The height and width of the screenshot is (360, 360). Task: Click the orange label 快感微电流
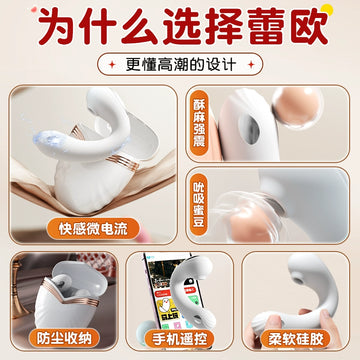pyautogui.click(x=93, y=229)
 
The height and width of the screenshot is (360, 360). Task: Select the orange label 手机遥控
pyautogui.click(x=179, y=339)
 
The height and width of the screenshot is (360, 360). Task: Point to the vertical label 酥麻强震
pyautogui.click(x=199, y=123)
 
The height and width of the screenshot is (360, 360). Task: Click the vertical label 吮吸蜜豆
pyautogui.click(x=199, y=204)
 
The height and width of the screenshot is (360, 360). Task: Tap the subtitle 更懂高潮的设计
pyautogui.click(x=181, y=64)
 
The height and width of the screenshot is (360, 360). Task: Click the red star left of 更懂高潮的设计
pyautogui.click(x=112, y=64)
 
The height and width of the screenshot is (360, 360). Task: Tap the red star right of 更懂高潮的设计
pyautogui.click(x=251, y=64)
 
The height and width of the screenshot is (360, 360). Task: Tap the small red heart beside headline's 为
pyautogui.click(x=34, y=10)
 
